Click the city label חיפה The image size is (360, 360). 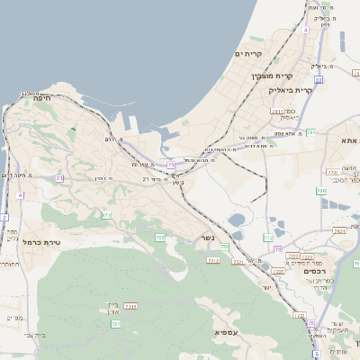tap(41, 100)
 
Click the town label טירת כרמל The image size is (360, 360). tap(40, 242)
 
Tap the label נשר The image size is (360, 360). tap(205, 239)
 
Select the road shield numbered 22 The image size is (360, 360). tap(319, 80)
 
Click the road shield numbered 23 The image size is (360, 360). tap(59, 178)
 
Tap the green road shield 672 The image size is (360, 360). tap(106, 215)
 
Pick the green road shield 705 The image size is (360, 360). tap(159, 237)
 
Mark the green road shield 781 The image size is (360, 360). tap(310, 132)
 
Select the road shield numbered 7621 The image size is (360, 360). tap(339, 230)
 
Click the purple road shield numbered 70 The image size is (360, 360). tap(278, 248)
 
